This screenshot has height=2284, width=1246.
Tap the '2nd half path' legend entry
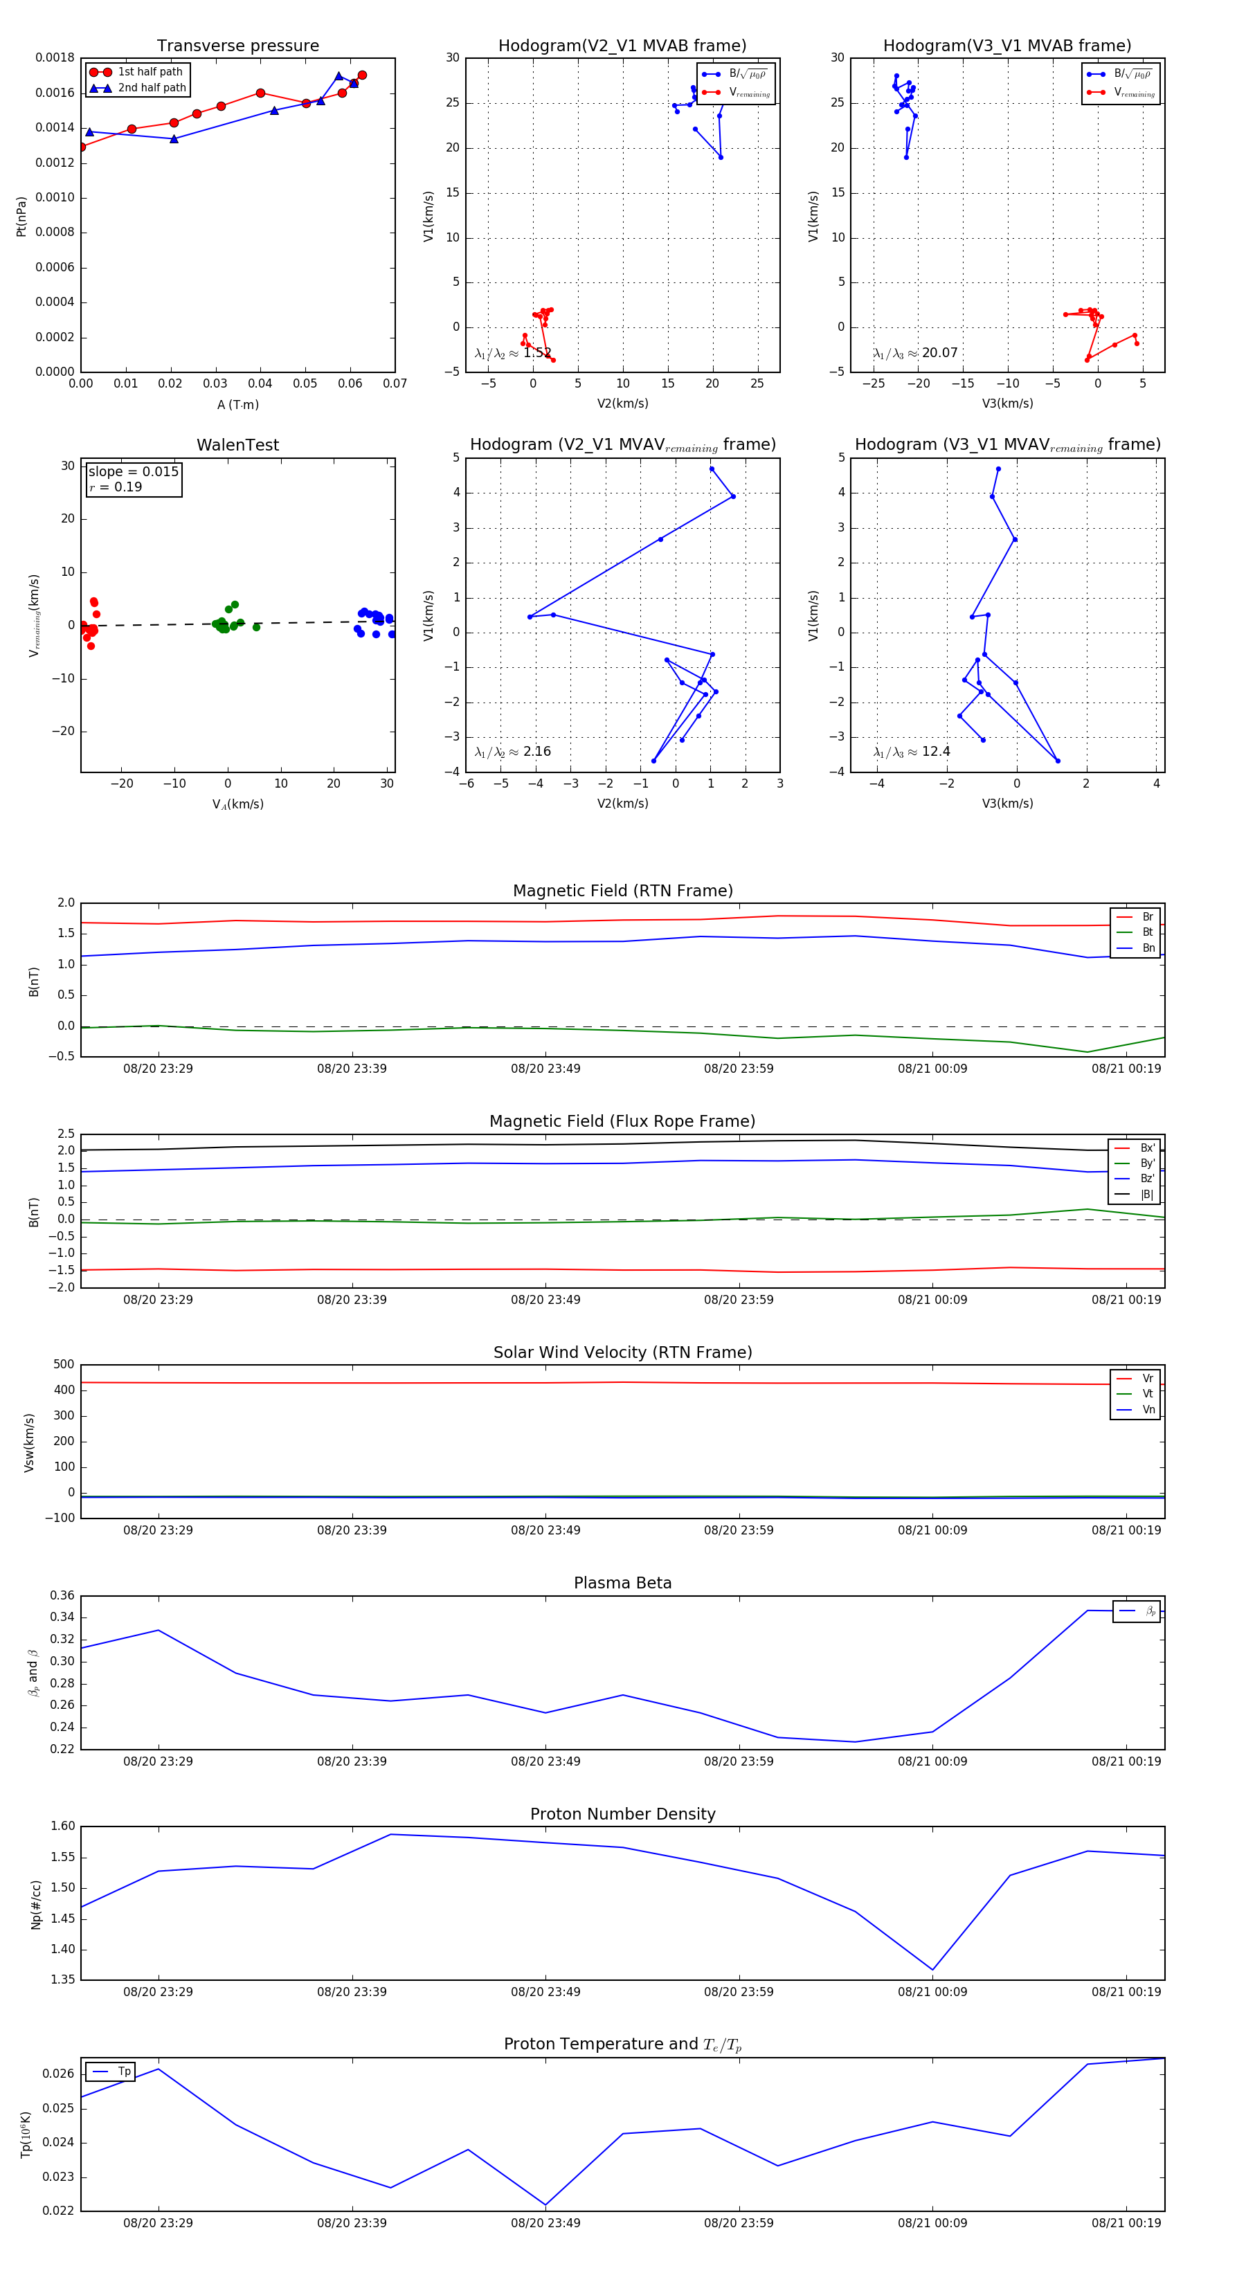[x=152, y=88]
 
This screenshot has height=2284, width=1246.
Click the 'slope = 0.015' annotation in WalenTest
[x=133, y=472]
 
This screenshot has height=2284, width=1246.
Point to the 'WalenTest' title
[x=237, y=445]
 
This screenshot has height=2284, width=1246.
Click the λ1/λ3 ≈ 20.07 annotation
[x=915, y=353]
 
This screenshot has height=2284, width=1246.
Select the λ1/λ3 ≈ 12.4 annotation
[x=912, y=752]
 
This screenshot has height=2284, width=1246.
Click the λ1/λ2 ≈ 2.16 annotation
[x=512, y=752]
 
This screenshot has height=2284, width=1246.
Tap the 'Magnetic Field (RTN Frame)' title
[x=622, y=891]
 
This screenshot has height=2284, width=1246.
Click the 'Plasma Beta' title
[x=622, y=1584]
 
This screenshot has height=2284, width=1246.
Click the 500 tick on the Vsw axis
[x=64, y=1365]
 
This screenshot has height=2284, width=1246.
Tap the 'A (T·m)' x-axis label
[x=237, y=405]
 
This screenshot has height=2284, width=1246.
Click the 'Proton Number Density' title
[x=622, y=1814]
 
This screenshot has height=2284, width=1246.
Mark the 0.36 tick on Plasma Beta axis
[x=62, y=1596]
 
